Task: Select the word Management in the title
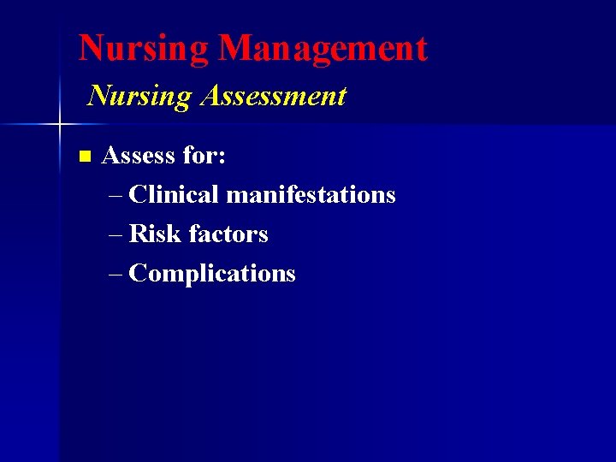323,48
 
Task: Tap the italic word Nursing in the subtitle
139,96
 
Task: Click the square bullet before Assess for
84,157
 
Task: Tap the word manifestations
311,194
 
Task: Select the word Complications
212,274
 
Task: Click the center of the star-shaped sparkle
60,125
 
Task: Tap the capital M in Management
235,48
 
